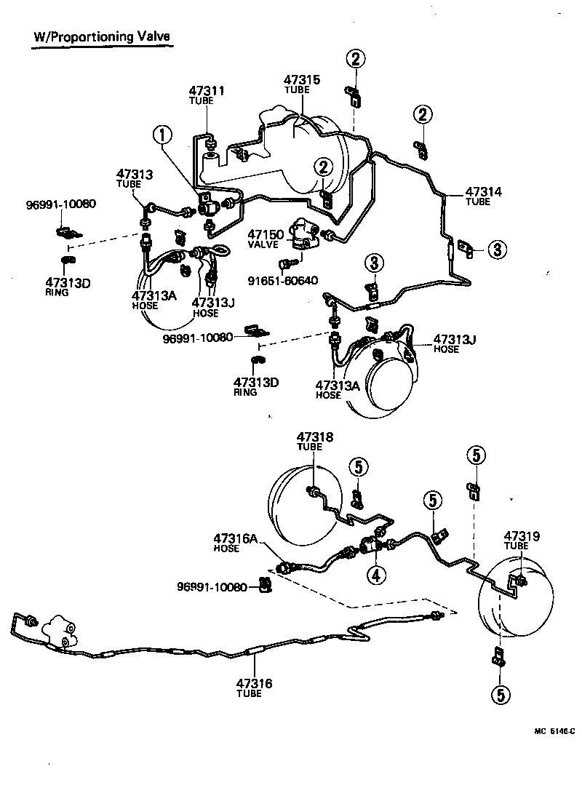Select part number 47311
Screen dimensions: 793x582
point(207,92)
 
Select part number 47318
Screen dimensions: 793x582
point(314,437)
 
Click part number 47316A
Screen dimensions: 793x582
point(236,538)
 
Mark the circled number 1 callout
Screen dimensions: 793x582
point(163,135)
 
